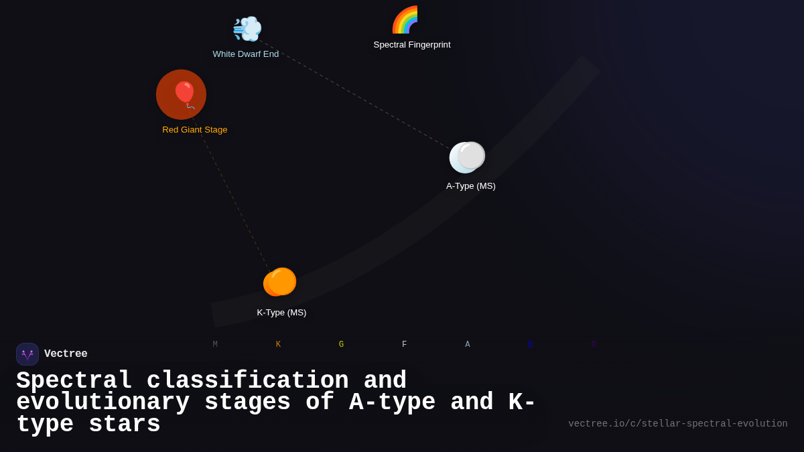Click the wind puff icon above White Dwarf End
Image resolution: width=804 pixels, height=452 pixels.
pos(247,29)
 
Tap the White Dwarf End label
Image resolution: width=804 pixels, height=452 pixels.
pos(246,54)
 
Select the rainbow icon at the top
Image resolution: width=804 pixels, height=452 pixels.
pos(405,19)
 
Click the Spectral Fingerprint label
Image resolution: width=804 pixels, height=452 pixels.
pos(412,45)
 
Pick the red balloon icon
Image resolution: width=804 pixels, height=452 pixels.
pos(183,94)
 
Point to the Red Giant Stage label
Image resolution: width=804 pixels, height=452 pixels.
pos(195,130)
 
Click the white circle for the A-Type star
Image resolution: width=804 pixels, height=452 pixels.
pos(467,157)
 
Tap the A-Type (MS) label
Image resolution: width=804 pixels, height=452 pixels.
pos(471,186)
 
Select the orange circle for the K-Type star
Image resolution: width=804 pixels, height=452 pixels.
pos(280,282)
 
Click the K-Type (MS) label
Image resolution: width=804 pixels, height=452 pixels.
pos(281,313)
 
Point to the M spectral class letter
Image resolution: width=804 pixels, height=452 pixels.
pos(215,345)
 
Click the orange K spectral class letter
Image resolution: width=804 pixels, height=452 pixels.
pos(278,345)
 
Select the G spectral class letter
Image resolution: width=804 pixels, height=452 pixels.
pos(341,345)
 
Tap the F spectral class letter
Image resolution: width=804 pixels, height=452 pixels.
pos(404,345)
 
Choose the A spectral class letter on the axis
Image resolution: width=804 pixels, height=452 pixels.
pos(468,345)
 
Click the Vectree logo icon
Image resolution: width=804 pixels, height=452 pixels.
pos(27,354)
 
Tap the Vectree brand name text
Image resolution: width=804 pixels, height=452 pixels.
pos(66,354)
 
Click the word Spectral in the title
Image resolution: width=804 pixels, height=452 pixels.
pos(74,381)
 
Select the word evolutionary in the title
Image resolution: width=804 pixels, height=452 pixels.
pos(103,402)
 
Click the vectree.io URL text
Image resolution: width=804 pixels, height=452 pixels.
pos(677,424)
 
